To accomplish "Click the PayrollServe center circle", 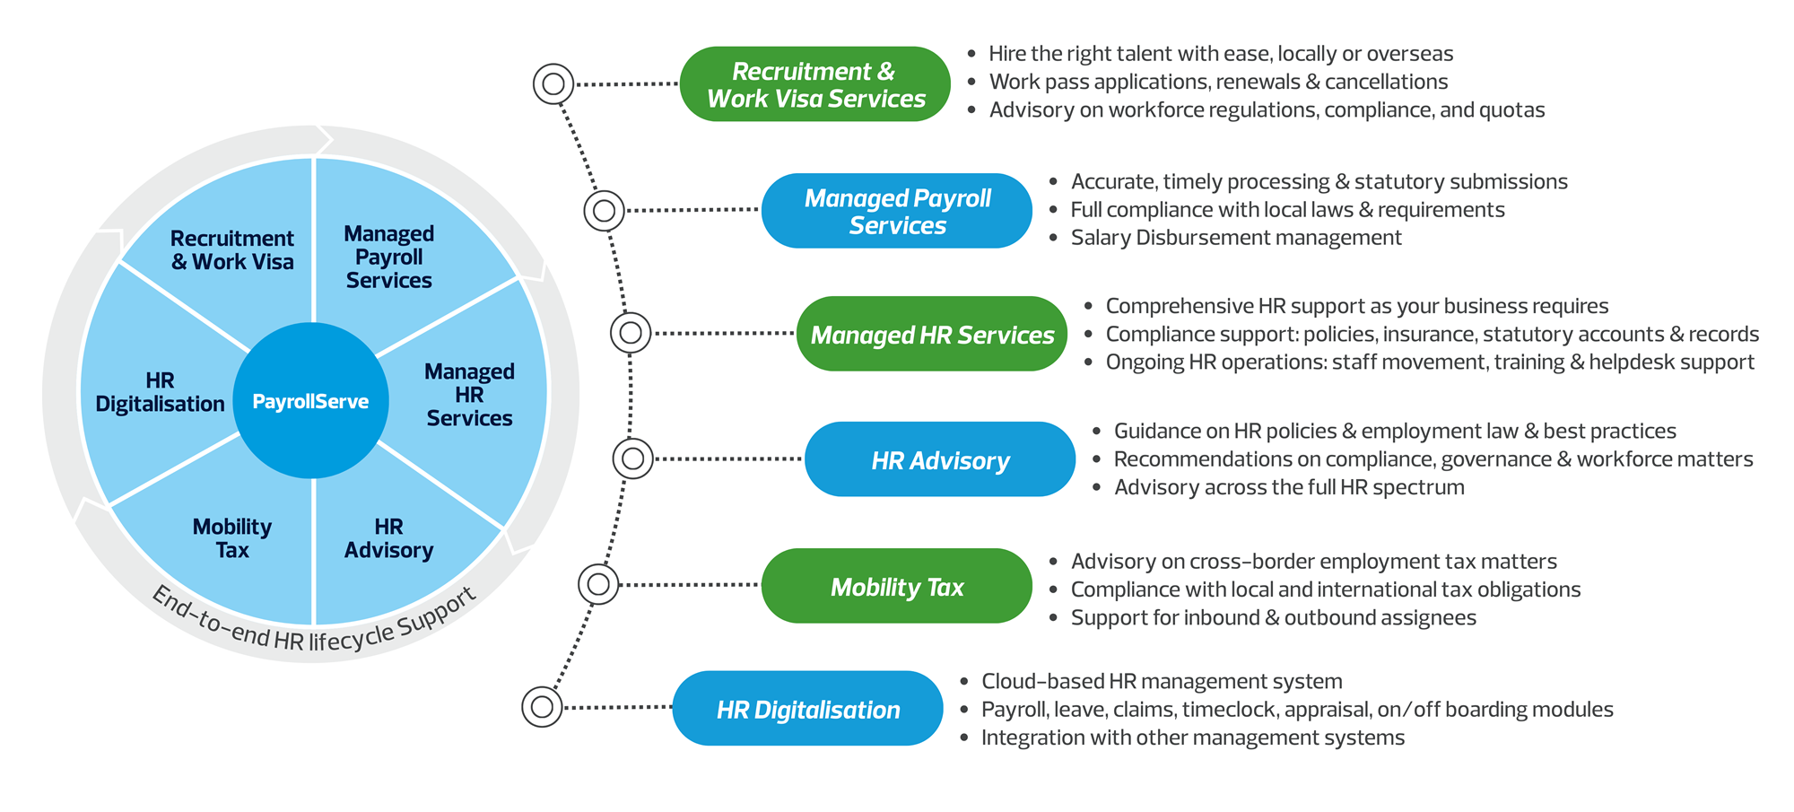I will [x=310, y=401].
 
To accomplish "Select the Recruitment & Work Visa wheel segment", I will [x=232, y=250].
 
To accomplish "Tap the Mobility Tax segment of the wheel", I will [x=232, y=538].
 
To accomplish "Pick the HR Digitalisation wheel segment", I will [x=160, y=392].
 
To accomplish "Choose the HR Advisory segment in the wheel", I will [x=388, y=538].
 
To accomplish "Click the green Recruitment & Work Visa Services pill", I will [x=814, y=84].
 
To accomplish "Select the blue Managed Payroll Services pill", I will [x=896, y=211].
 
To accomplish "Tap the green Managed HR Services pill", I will [x=931, y=335].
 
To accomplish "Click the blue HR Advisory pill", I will [x=939, y=460].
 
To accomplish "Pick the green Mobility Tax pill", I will [x=896, y=587].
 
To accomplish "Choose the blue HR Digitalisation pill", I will [x=807, y=710].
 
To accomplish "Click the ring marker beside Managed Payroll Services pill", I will [x=605, y=211].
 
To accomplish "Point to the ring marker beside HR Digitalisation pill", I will [x=542, y=707].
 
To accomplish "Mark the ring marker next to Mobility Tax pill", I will [x=598, y=585].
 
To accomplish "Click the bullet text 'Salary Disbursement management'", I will [x=1235, y=238].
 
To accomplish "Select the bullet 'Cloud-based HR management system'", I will [x=1162, y=682].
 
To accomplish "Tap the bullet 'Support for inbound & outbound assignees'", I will [x=1273, y=618].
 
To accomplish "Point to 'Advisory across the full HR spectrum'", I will [x=1289, y=488].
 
